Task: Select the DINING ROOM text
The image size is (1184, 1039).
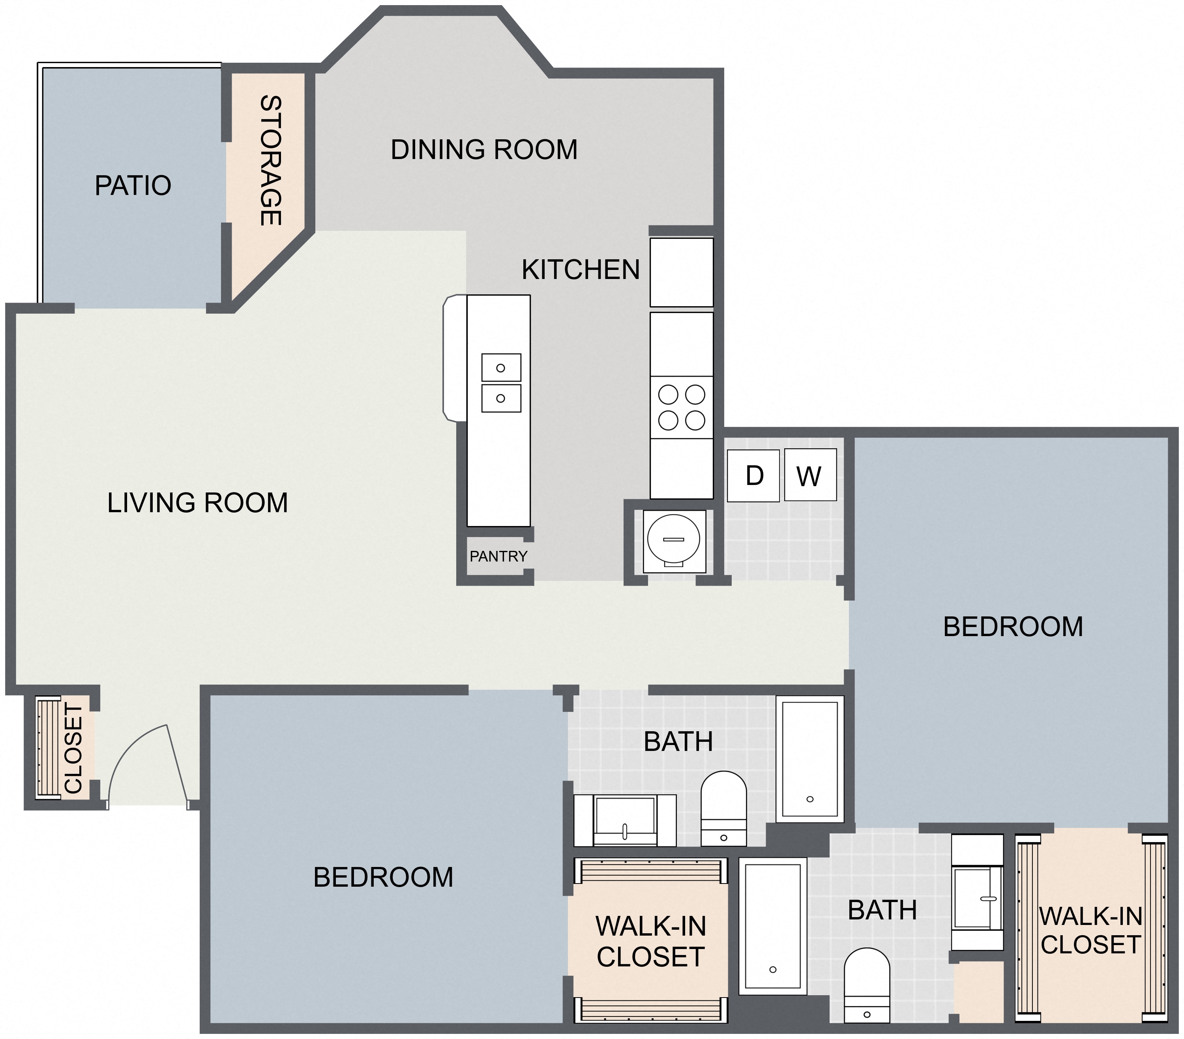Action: pos(484,150)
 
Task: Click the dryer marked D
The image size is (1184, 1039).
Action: pos(753,475)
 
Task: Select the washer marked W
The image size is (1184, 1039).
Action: pos(810,475)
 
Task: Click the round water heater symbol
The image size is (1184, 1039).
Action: pos(674,540)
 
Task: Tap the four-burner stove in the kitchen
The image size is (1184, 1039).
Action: pos(681,407)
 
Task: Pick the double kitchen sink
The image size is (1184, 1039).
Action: pos(501,383)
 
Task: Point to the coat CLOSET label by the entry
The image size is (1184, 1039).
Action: pos(73,748)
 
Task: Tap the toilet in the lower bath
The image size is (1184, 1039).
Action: pos(867,985)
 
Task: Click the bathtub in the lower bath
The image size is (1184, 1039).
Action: pos(773,926)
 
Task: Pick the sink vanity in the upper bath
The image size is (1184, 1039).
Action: pos(625,820)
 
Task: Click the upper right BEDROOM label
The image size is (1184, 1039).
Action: pos(1013,627)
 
